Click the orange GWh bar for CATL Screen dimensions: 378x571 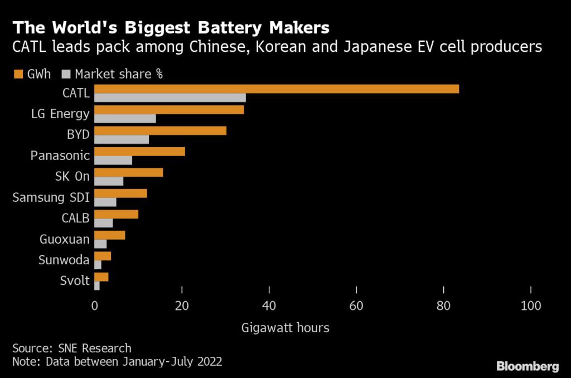(277, 89)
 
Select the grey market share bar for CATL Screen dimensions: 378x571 (170, 98)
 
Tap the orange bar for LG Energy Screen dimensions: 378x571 (169, 110)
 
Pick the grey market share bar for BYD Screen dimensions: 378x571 (122, 139)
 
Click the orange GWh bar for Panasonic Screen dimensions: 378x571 (139, 151)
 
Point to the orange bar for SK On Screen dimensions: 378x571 (129, 172)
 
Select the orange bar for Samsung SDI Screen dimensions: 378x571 (120, 193)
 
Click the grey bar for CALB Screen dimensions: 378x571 (104, 223)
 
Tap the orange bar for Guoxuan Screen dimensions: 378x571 (110, 235)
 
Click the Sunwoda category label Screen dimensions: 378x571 (64, 260)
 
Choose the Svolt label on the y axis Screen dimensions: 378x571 (74, 281)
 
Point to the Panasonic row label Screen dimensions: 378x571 (60, 155)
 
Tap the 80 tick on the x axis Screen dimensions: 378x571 (443, 306)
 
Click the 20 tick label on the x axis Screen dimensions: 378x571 (182, 306)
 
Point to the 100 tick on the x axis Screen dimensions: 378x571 (530, 306)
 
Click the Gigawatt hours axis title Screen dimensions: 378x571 (285, 327)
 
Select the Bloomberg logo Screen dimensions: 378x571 (528, 366)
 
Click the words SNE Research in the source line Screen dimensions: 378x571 (95, 348)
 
